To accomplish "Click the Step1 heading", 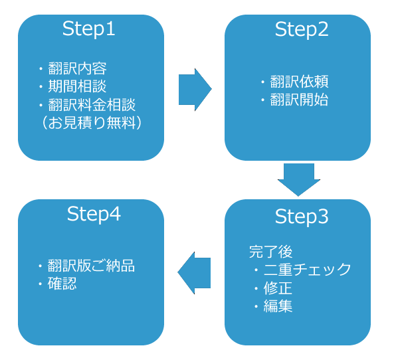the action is [x=88, y=29].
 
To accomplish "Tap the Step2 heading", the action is [x=302, y=30].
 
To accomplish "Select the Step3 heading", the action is [x=302, y=217].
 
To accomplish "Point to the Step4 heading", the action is [x=94, y=215].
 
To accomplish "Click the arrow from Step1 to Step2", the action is [x=195, y=89].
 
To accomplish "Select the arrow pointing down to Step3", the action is [x=299, y=179].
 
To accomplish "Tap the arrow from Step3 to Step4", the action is [x=194, y=273].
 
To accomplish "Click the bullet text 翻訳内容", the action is [x=78, y=68].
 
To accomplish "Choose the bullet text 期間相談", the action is [x=78, y=86].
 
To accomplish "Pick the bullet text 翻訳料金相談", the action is [x=92, y=104].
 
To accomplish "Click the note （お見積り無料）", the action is [x=92, y=123].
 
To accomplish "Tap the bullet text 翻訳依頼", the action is [x=299, y=82].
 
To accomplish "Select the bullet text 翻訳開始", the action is [x=299, y=100].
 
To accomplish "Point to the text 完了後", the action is [x=271, y=252].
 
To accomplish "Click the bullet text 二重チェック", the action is [x=308, y=270].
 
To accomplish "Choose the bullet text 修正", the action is [x=278, y=288].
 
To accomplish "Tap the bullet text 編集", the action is [x=278, y=306].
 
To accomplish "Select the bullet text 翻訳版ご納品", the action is [x=91, y=266].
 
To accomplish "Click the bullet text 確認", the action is [x=62, y=284].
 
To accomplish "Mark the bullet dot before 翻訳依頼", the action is [x=263, y=82].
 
